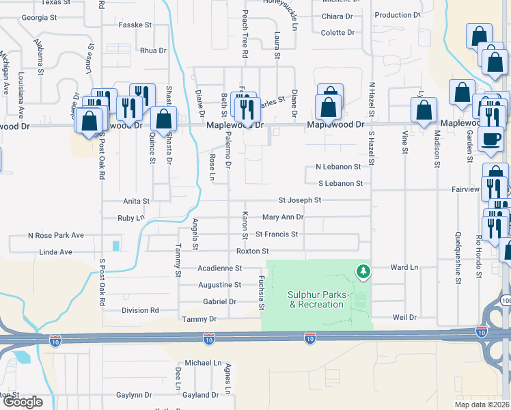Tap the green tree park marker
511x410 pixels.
[x=364, y=272]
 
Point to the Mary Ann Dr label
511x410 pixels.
[x=282, y=217]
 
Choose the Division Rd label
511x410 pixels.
[x=140, y=310]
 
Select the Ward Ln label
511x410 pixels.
[x=404, y=268]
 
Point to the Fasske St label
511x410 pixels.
[x=135, y=25]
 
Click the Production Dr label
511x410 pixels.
[x=397, y=15]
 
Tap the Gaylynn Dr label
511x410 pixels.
[x=134, y=395]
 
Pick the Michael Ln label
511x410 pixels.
[x=204, y=363]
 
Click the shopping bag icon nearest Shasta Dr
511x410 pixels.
[x=164, y=119]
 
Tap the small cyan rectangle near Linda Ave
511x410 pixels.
[x=115, y=245]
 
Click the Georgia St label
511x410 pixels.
[x=39, y=17]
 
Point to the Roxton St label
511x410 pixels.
[x=247, y=251]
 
